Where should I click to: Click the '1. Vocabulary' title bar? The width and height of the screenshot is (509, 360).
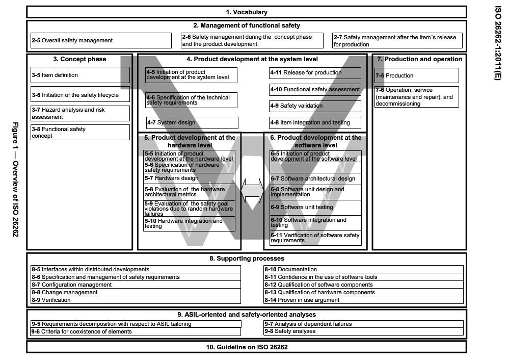246,12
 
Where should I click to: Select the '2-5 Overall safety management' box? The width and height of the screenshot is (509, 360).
101,40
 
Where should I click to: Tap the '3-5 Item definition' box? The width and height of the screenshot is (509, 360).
81,75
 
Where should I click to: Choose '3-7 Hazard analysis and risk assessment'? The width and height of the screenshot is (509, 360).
81,113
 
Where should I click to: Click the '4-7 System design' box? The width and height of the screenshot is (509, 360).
192,123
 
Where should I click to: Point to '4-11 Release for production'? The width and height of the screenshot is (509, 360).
315,73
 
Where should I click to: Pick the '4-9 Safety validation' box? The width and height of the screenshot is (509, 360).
315,106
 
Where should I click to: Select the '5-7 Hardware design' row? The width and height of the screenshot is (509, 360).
189,178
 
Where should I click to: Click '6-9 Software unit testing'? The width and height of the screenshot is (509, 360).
315,208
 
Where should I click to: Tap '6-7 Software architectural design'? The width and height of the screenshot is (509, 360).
315,178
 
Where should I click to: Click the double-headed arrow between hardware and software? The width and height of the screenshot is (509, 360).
252,191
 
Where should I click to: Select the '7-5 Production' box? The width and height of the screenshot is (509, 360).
416,75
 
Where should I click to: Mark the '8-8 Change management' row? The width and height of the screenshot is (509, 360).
136,293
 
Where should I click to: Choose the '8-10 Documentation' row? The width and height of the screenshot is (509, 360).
363,269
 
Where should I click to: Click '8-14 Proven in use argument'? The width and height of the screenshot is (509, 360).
363,300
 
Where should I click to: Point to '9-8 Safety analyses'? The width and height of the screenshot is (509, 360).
363,331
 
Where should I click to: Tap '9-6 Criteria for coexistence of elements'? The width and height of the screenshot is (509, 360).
136,331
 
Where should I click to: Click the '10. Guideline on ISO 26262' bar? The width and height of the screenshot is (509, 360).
246,347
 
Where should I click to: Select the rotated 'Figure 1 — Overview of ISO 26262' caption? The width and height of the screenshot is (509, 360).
16,179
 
